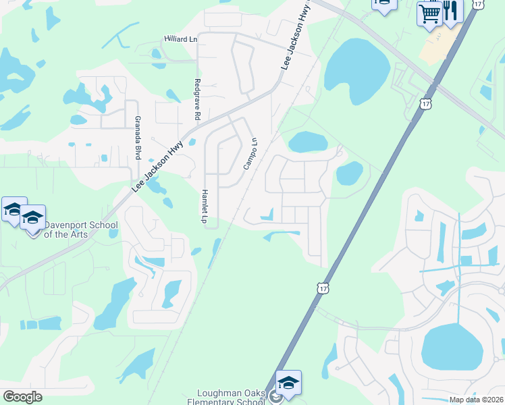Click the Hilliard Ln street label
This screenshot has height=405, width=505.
(x=180, y=40)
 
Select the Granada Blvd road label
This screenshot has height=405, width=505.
(x=137, y=138)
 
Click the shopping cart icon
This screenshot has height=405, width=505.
(x=429, y=13)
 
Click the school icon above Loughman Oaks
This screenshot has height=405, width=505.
(x=288, y=383)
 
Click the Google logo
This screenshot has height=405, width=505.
(x=22, y=397)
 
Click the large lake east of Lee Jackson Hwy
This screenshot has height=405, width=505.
(x=357, y=67)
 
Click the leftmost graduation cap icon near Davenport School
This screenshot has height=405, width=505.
(x=14, y=209)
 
